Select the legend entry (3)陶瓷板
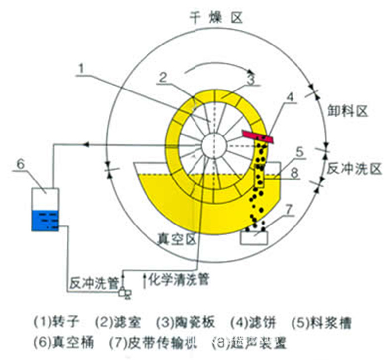pyautogui.click(x=186, y=323)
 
